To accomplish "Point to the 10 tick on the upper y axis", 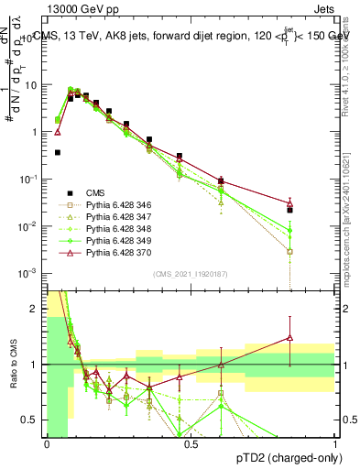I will pyautogui.click(x=33, y=84).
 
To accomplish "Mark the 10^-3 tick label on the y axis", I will pyautogui.click(x=30, y=274).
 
